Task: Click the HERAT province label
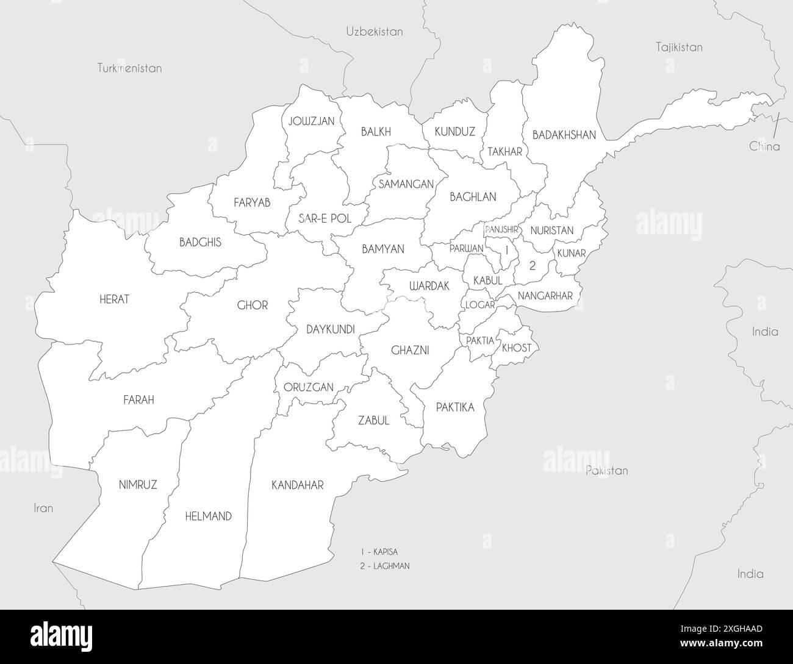(x=115, y=299)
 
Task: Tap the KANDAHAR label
(x=297, y=485)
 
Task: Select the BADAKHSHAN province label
(x=564, y=135)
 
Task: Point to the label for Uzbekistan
(x=375, y=32)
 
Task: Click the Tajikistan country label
(x=679, y=47)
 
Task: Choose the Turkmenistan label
(x=130, y=68)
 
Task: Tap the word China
(x=764, y=146)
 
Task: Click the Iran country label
(x=43, y=508)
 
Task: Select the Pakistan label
(x=606, y=471)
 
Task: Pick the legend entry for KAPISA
(x=379, y=552)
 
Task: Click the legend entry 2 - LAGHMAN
(x=384, y=566)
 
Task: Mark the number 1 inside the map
(x=506, y=249)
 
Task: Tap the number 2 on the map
(x=532, y=265)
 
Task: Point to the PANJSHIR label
(x=501, y=230)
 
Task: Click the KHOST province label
(x=517, y=348)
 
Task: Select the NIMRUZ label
(x=138, y=485)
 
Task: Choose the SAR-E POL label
(x=325, y=218)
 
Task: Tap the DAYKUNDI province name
(x=330, y=330)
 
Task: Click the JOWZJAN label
(x=312, y=121)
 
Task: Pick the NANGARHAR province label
(x=545, y=296)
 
